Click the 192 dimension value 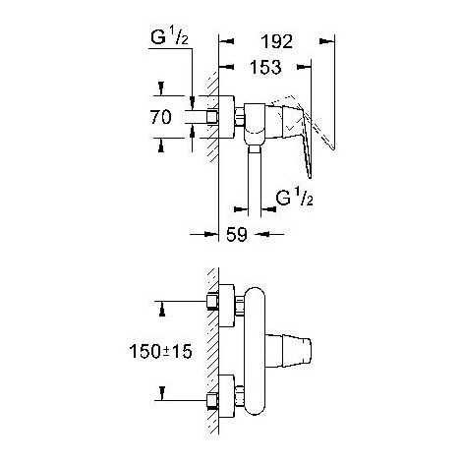[x=276, y=41]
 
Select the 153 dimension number [x=265, y=67]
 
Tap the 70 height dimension [x=160, y=117]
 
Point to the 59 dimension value [x=237, y=234]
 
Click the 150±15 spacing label [x=160, y=352]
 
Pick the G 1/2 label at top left [x=169, y=36]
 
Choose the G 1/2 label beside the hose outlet [x=294, y=198]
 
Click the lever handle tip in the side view [x=310, y=176]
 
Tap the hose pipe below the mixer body [x=255, y=182]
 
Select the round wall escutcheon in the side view [x=227, y=117]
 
